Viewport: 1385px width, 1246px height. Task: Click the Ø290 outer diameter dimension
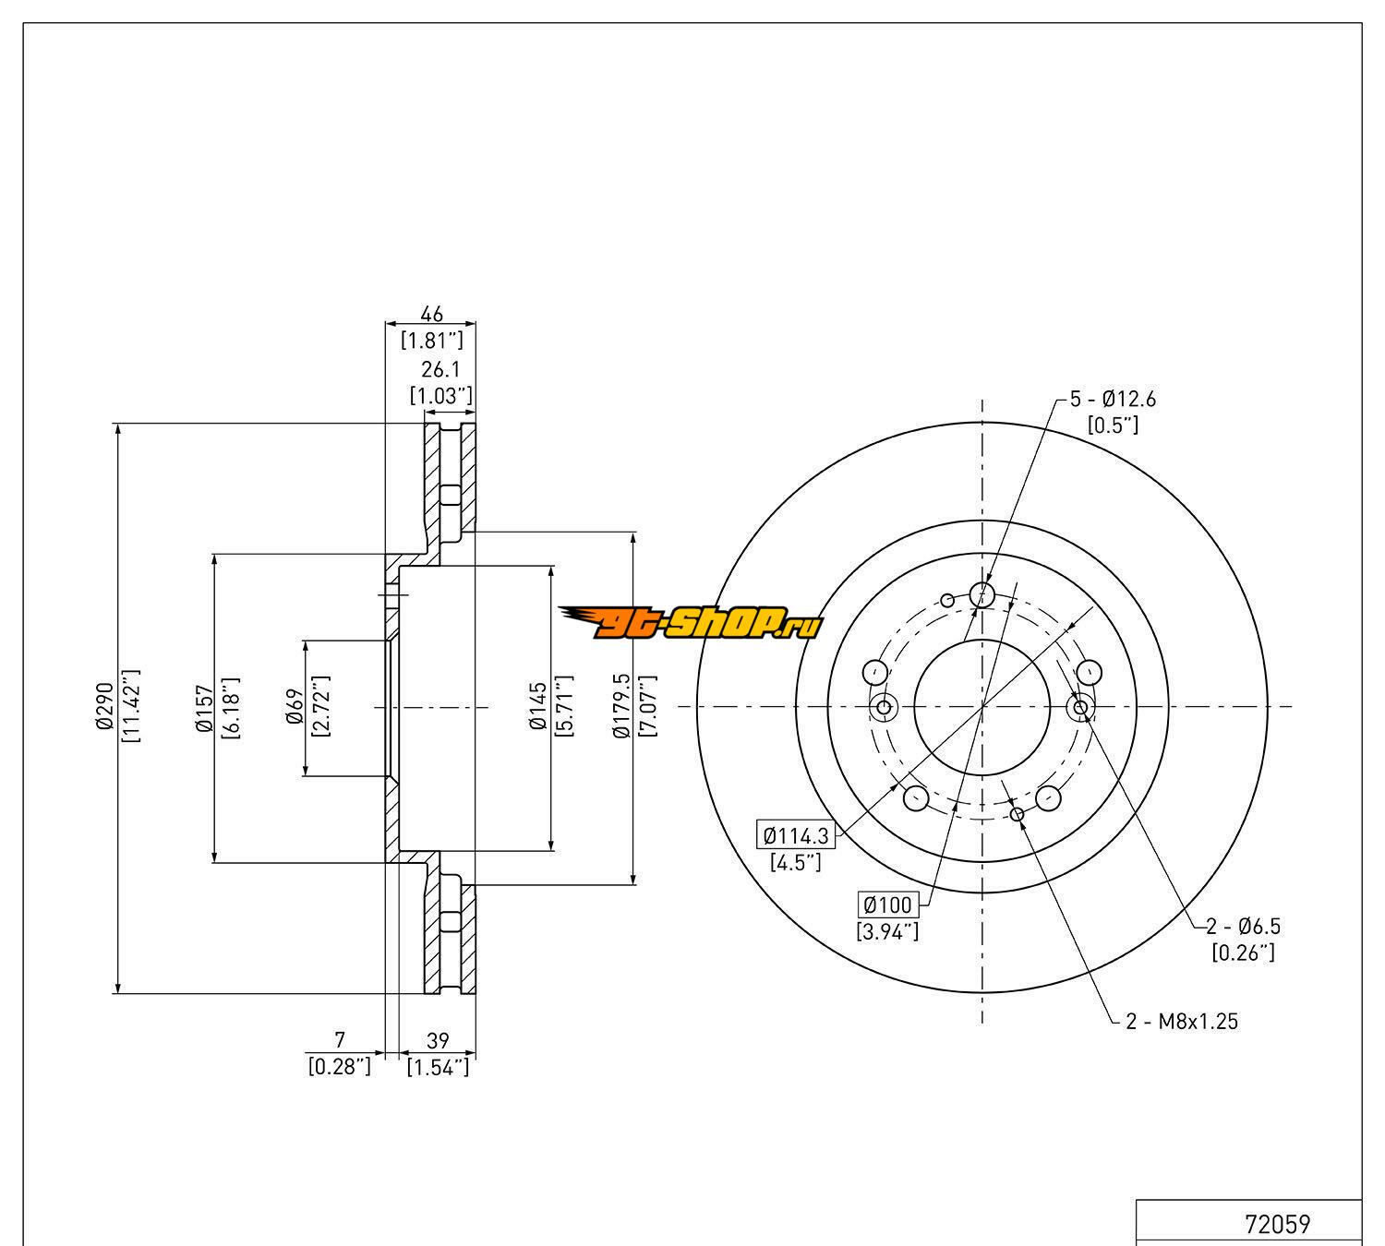tap(102, 708)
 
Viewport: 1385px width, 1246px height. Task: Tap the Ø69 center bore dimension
tap(295, 708)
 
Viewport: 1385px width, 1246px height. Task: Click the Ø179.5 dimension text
tap(621, 708)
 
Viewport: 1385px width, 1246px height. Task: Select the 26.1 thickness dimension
tap(440, 370)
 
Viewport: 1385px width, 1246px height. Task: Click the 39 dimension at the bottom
tap(439, 1041)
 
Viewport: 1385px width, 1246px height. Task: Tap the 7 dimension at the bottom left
tap(339, 1041)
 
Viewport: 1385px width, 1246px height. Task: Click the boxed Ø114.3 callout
tap(796, 836)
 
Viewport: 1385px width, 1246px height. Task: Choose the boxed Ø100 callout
tap(887, 905)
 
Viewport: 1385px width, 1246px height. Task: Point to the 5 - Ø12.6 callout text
tap(1113, 400)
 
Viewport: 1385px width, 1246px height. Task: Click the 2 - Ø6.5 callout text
tap(1243, 926)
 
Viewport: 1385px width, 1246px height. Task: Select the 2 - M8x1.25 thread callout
tap(1182, 1022)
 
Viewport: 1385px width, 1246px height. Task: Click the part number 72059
tap(1278, 1226)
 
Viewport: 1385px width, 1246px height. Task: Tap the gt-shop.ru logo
tap(690, 624)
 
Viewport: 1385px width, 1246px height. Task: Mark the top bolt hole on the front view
tap(982, 593)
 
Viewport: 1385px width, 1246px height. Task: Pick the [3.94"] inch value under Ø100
tap(887, 931)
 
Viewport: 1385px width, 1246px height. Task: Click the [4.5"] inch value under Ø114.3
tap(796, 863)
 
